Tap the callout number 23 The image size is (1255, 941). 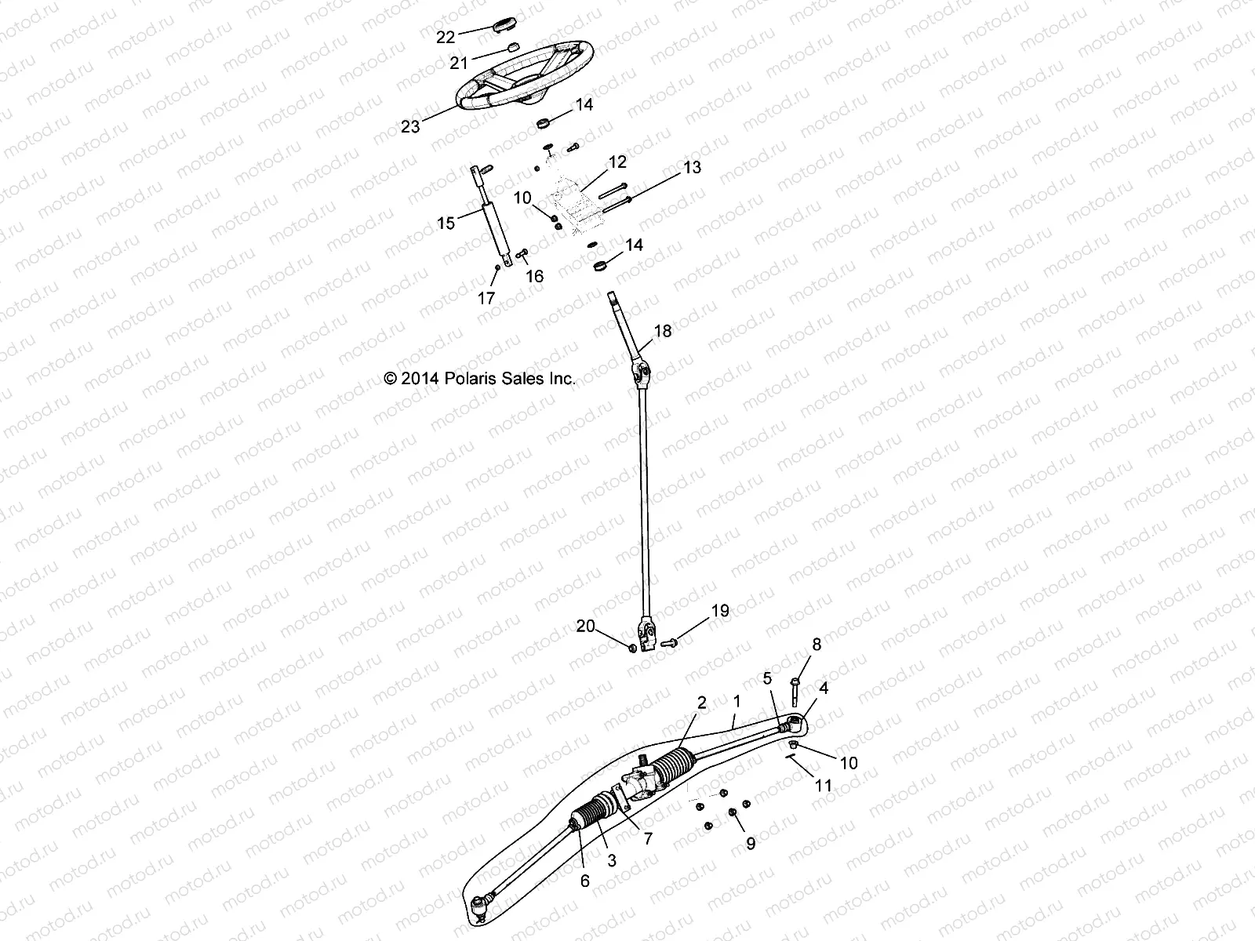click(x=411, y=126)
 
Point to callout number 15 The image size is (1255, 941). click(x=446, y=223)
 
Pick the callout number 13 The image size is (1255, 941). click(x=692, y=167)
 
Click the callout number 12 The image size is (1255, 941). click(x=617, y=162)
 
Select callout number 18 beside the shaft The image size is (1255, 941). click(x=663, y=331)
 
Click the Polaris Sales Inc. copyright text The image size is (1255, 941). click(x=480, y=379)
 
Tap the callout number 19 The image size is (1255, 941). click(x=720, y=611)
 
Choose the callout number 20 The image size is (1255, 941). click(x=586, y=626)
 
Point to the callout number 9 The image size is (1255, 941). click(x=751, y=844)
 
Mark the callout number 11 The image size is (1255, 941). click(x=824, y=785)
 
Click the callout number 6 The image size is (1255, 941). click(x=584, y=881)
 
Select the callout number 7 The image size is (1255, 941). click(x=648, y=839)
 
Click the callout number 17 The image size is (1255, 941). click(x=486, y=298)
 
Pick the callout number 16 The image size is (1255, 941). click(x=534, y=276)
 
